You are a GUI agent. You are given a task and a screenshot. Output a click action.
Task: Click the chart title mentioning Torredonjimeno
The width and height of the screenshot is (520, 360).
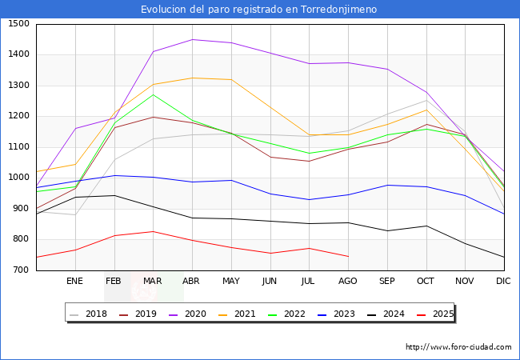coord(259,10)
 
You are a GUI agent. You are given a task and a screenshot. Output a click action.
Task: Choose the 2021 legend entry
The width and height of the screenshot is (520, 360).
coord(242,314)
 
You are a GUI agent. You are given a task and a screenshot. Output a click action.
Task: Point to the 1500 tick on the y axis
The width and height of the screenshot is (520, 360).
coord(18,24)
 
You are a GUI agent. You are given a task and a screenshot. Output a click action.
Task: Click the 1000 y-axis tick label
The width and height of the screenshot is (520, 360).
coord(18,178)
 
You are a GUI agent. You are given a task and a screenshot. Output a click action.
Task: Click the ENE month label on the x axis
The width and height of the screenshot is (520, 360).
coord(74,281)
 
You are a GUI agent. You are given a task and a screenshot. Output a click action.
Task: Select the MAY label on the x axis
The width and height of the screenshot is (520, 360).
coord(230,281)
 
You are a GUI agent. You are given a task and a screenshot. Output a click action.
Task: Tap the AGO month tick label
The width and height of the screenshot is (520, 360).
coord(348,281)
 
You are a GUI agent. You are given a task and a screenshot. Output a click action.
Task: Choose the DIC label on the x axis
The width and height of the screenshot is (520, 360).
coord(503,281)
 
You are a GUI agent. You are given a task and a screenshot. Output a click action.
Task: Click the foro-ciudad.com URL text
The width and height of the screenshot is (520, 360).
coord(458,347)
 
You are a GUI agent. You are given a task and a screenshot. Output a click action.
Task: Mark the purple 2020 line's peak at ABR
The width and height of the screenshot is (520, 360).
coord(192,39)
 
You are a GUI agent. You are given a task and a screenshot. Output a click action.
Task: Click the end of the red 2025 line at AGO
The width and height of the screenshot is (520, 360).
coord(348,257)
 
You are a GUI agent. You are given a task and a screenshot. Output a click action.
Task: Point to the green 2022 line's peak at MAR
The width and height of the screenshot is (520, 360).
coord(153,94)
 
